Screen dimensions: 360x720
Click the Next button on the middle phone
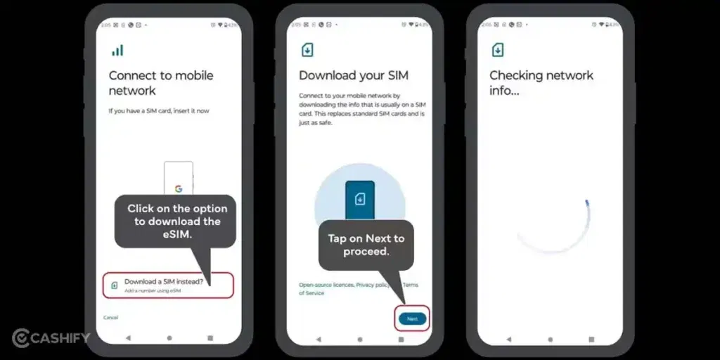point(412,319)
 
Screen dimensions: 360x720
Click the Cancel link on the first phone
point(110,317)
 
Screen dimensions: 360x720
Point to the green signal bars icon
point(117,51)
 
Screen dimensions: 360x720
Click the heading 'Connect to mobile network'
point(160,83)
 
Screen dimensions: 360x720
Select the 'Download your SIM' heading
point(353,75)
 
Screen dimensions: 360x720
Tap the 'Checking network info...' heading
point(541,83)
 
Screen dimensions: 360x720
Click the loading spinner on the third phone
point(553,226)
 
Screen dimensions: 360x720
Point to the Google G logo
point(179,188)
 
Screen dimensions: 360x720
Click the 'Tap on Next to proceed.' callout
point(366,245)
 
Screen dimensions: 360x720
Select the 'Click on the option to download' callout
point(177,221)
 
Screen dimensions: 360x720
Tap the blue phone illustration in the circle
point(359,200)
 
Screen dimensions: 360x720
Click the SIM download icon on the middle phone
point(307,50)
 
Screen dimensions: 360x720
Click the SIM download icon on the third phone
point(498,50)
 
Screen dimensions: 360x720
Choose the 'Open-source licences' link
point(325,285)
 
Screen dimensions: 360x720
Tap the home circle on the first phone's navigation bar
point(169,338)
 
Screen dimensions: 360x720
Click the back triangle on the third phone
point(508,338)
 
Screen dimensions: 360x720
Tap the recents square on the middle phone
point(400,338)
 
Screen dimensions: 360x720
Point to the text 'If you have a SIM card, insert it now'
point(158,111)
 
